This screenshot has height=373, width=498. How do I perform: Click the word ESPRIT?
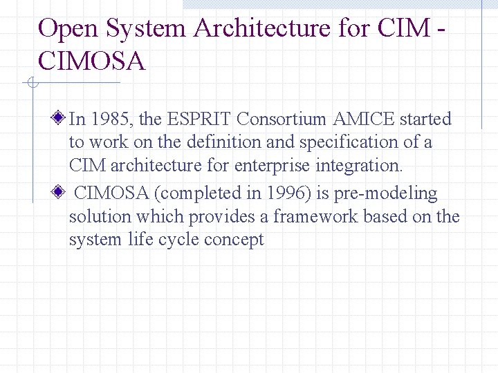[x=199, y=119]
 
